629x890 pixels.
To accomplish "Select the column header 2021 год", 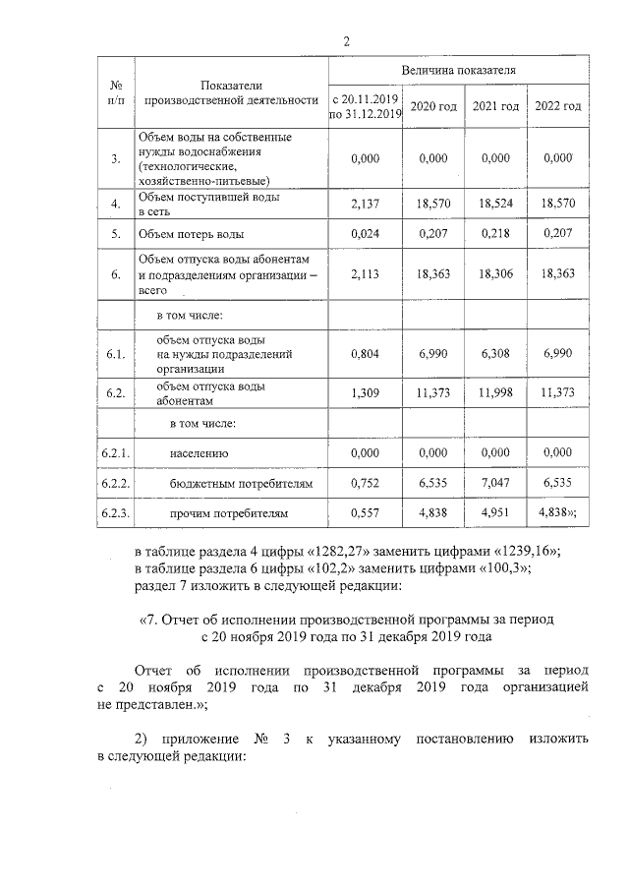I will coord(494,106).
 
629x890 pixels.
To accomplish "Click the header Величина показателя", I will coord(457,73).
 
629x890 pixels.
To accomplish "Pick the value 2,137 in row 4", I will coord(365,203).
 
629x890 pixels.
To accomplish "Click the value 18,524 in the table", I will coord(494,203).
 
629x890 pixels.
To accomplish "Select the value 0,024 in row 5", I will coord(365,235).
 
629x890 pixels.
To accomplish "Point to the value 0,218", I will coord(494,235).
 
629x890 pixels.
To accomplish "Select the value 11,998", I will coord(494,392).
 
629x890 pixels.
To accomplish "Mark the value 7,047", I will coord(494,484).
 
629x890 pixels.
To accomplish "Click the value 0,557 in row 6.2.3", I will coord(365,513).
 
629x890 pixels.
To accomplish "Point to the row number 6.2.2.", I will coord(116,484).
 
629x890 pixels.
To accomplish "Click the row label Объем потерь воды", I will coord(192,235).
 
